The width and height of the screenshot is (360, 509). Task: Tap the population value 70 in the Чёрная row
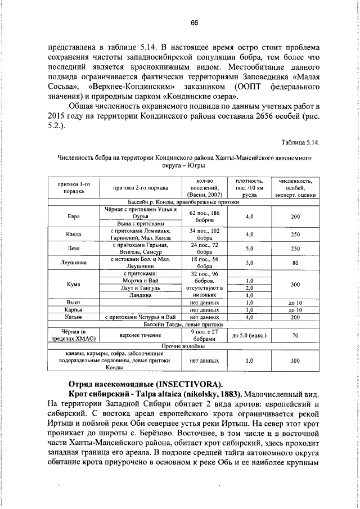[295, 336]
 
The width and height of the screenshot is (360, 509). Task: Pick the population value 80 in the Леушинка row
[295, 263]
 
